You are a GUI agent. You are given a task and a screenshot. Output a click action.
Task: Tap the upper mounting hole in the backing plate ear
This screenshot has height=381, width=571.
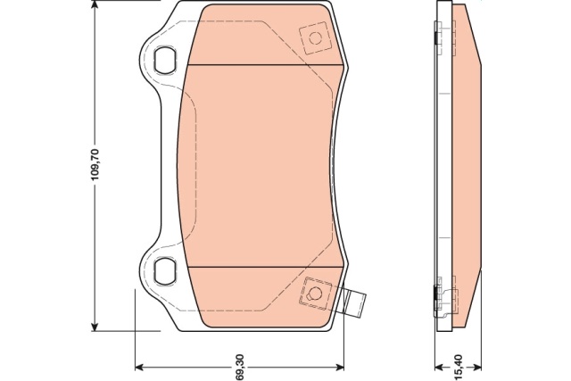(163, 60)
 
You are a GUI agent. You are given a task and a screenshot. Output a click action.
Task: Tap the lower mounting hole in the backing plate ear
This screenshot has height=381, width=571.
(163, 271)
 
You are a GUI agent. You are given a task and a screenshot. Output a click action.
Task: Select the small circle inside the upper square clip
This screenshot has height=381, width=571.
(315, 37)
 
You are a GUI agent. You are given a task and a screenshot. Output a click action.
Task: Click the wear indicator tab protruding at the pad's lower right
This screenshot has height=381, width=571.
(354, 301)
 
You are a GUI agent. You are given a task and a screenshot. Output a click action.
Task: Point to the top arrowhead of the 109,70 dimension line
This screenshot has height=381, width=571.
(95, 5)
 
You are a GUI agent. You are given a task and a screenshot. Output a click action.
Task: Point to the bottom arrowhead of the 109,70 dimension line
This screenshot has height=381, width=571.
(95, 326)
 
